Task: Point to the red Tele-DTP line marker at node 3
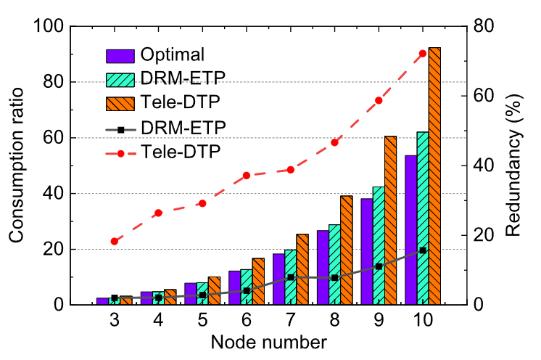tap(114, 241)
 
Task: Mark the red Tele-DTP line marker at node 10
tap(423, 53)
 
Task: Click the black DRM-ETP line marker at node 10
tap(423, 250)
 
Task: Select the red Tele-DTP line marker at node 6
tap(247, 176)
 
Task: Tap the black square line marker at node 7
tap(291, 277)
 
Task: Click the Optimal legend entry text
tap(173, 54)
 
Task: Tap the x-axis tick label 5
tap(202, 320)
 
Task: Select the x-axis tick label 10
tap(423, 320)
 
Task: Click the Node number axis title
tap(270, 341)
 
